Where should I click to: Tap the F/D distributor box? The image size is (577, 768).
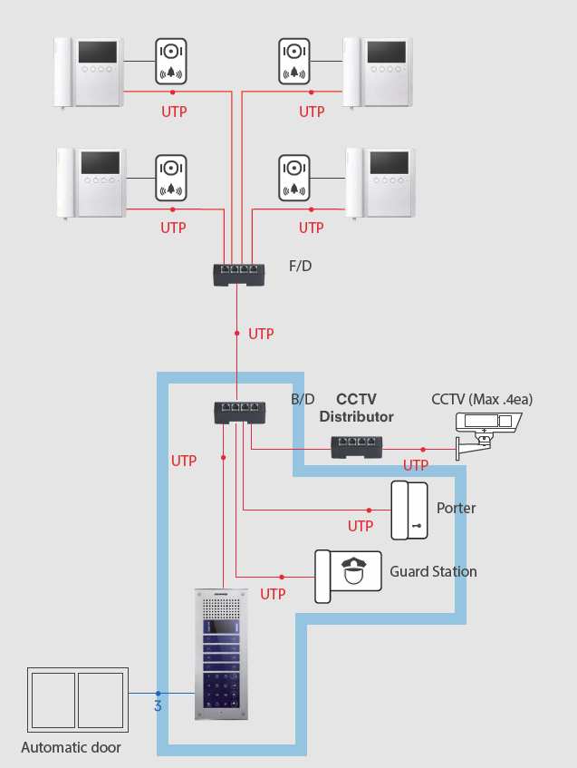click(x=238, y=274)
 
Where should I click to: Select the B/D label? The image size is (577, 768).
click(x=303, y=399)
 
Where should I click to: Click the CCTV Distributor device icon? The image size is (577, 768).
click(x=355, y=446)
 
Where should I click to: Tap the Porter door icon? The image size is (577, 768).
click(x=409, y=510)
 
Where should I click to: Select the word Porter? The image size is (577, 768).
click(x=456, y=508)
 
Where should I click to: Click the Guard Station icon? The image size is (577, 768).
click(x=349, y=576)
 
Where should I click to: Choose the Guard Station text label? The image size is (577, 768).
click(x=433, y=571)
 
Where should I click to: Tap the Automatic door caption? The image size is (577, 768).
click(x=71, y=748)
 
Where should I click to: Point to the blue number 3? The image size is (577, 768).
click(x=158, y=705)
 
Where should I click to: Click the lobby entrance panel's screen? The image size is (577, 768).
click(x=221, y=627)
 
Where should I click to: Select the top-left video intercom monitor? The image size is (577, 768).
click(x=89, y=72)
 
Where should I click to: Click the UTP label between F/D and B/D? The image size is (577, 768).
click(x=261, y=334)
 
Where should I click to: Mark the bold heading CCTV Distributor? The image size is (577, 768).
click(x=356, y=407)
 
